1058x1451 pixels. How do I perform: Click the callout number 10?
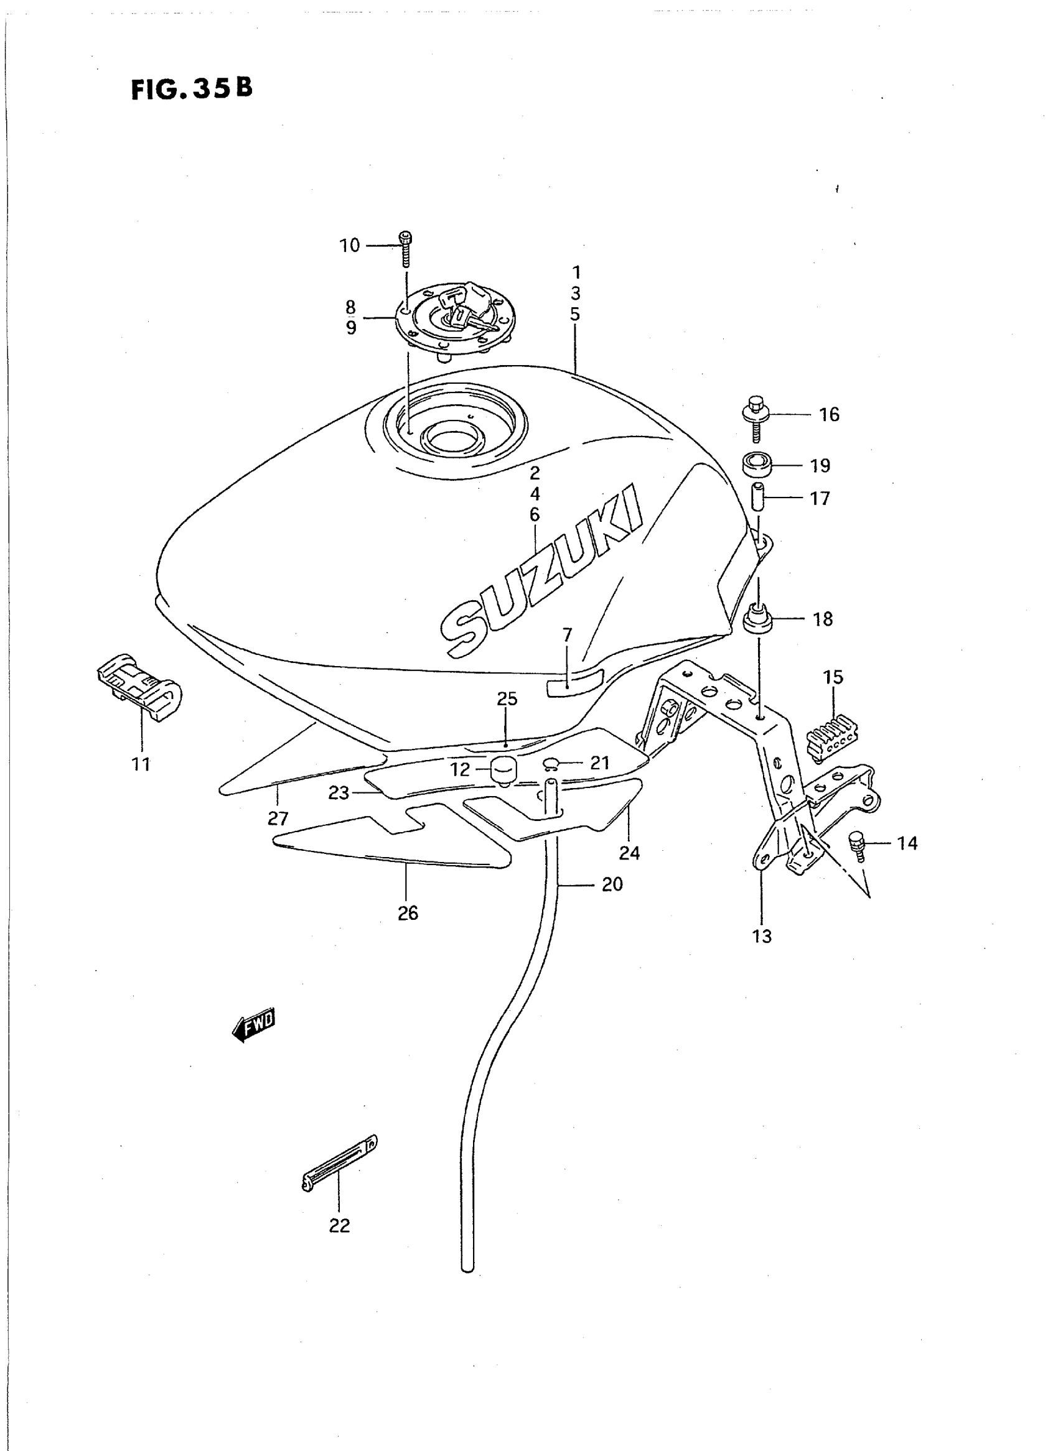(350, 246)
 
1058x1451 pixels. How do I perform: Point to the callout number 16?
(829, 415)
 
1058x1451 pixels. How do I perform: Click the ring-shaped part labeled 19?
(757, 464)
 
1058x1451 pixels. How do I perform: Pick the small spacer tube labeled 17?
(757, 498)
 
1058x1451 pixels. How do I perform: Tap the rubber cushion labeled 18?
(757, 620)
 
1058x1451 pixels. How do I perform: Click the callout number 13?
(762, 937)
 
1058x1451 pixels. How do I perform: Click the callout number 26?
(408, 914)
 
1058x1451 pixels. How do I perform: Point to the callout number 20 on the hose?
(612, 884)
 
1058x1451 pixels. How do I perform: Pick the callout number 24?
(630, 853)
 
